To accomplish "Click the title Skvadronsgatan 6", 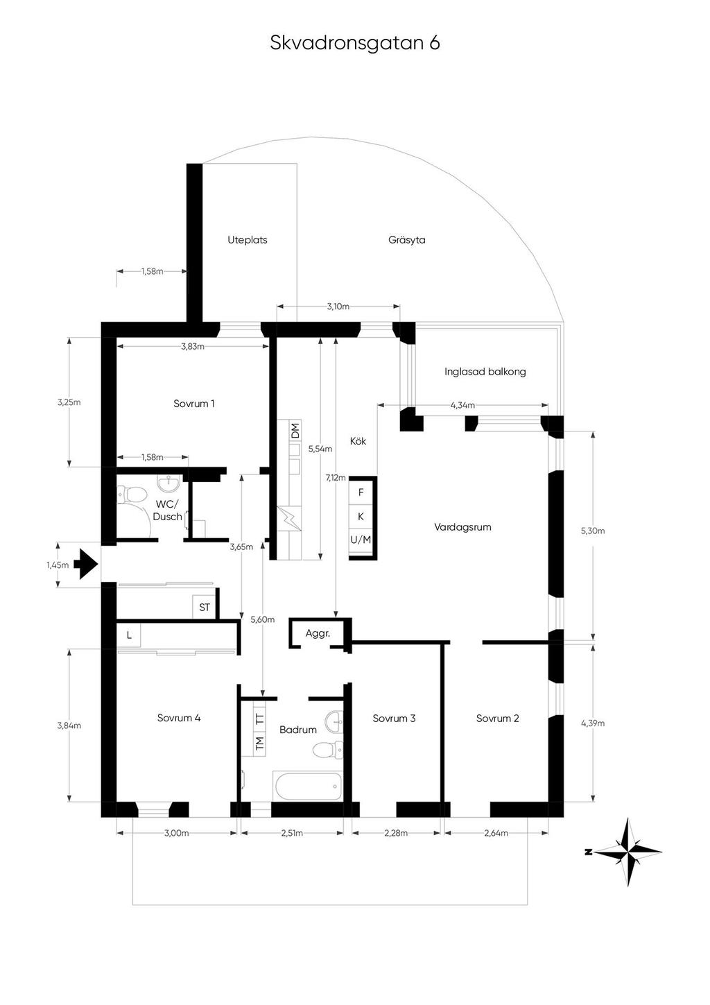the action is click(x=355, y=43).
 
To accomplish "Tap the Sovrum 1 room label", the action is click(x=193, y=404).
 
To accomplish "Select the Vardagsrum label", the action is click(x=462, y=527).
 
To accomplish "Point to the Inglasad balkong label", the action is click(x=485, y=372).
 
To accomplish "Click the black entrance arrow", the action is click(x=88, y=564).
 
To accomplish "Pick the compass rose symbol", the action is click(x=627, y=852).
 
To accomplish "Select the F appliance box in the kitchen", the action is click(x=361, y=492).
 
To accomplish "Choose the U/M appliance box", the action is click(x=361, y=540).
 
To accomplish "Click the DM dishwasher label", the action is click(x=295, y=431).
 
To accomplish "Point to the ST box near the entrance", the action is click(x=204, y=608).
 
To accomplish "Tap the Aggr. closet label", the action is click(x=318, y=633).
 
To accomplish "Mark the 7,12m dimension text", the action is click(x=336, y=478).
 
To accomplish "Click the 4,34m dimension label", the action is click(x=462, y=405).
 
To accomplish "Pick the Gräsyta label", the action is click(x=407, y=240).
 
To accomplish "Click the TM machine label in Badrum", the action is click(x=259, y=744).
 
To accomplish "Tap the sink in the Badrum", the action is click(x=334, y=719).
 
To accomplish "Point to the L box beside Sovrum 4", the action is click(x=129, y=635).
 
